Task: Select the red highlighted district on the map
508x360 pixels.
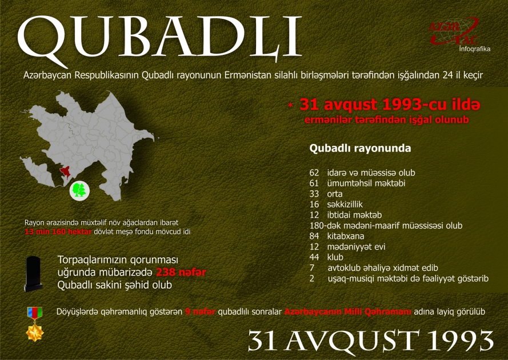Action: click(66, 171)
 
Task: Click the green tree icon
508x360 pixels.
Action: click(79, 190)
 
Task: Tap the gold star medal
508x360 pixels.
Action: click(35, 332)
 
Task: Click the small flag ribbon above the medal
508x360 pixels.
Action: click(35, 312)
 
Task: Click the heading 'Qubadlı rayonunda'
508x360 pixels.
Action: click(359, 149)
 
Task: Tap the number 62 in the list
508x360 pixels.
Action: click(314, 173)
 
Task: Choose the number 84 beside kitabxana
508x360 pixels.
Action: click(314, 236)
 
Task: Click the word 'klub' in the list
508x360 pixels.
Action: click(335, 258)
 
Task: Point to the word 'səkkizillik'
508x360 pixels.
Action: click(345, 204)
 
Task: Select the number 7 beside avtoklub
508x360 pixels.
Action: click(311, 268)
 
